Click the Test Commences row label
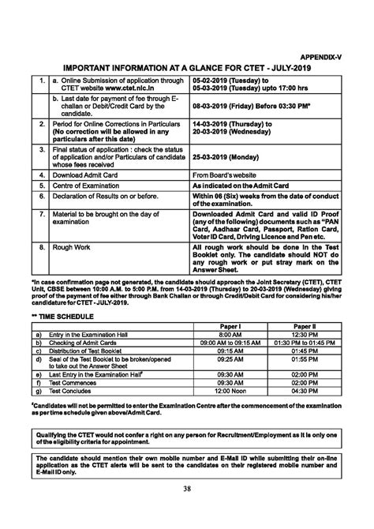pos(79,382)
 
